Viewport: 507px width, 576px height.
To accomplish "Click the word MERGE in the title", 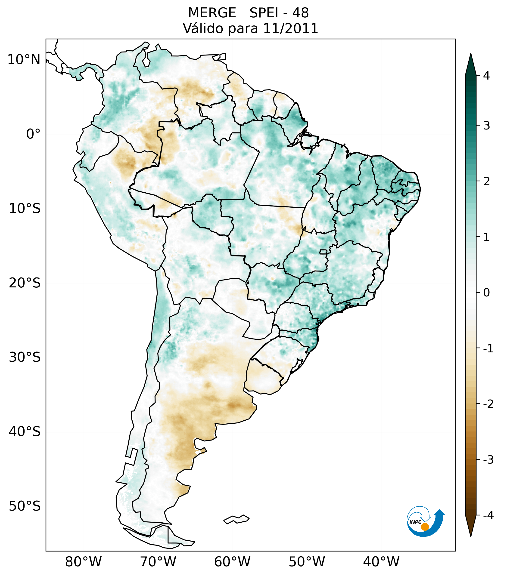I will click(x=212, y=13).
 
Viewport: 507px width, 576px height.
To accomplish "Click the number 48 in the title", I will click(x=300, y=13).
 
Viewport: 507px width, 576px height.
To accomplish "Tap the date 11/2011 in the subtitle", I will click(x=290, y=28).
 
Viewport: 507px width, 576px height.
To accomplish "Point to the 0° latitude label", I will click(x=33, y=134).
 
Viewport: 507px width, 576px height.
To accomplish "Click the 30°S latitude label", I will click(x=25, y=357).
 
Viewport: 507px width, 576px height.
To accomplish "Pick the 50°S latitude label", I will click(x=25, y=506).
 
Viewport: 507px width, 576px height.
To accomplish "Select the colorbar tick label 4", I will click(x=486, y=76).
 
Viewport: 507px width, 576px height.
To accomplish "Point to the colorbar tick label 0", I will click(x=486, y=293).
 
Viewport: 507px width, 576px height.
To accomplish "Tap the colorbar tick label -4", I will click(x=488, y=515).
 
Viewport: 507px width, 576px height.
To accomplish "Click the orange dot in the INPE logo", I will click(x=425, y=527).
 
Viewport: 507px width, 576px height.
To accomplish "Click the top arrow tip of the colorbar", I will click(x=471, y=54).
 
